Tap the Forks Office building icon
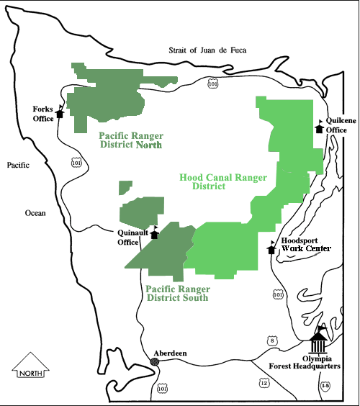click(x=60, y=112)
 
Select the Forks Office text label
click(x=44, y=114)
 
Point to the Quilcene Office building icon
click(x=320, y=127)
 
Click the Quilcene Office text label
click(x=336, y=125)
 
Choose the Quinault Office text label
click(x=132, y=237)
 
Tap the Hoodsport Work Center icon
click(x=271, y=248)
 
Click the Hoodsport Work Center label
click(x=305, y=245)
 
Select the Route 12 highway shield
click(x=264, y=383)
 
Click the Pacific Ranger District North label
click(x=130, y=140)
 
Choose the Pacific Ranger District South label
click(x=177, y=293)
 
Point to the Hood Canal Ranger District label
click(x=222, y=181)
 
